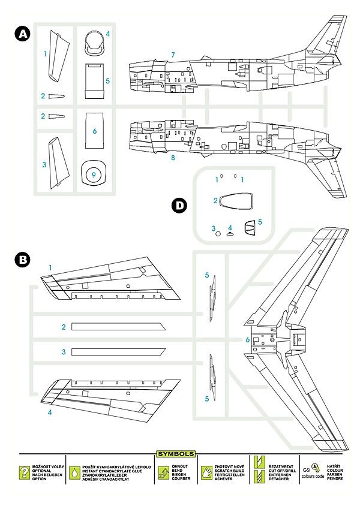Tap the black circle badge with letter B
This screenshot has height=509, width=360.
(22, 260)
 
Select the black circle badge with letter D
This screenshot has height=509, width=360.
(179, 206)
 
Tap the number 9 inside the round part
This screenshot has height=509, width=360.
(92, 174)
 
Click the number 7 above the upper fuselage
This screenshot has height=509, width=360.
(173, 55)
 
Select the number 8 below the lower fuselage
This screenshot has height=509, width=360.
(173, 158)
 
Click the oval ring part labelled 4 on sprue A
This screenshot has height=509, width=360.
(94, 41)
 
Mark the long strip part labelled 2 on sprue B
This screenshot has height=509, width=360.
(119, 327)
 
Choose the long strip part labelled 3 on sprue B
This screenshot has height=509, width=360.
(119, 351)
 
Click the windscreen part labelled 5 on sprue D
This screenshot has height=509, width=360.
(250, 228)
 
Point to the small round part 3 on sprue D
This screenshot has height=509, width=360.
(218, 234)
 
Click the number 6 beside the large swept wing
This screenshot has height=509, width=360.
(247, 340)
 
